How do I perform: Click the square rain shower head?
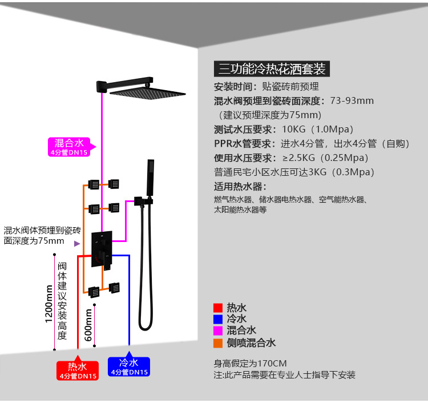click(x=148, y=93)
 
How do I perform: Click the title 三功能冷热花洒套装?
click(x=272, y=69)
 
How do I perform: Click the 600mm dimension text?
click(x=88, y=325)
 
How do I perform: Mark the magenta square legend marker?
click(x=217, y=331)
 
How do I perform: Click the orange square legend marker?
click(x=217, y=343)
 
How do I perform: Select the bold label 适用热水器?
click(x=240, y=186)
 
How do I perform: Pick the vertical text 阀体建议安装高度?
click(x=63, y=301)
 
